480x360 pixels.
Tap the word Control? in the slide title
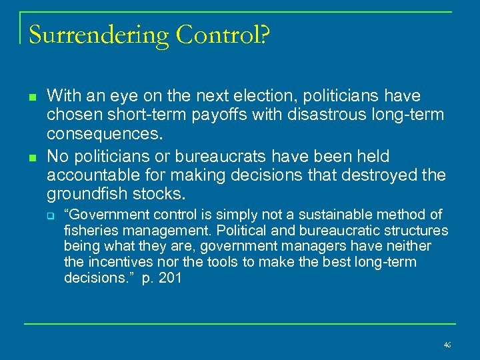click(x=223, y=34)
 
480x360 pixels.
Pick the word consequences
click(x=104, y=133)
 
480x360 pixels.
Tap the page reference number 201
click(x=170, y=279)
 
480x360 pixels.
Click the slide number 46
click(x=447, y=345)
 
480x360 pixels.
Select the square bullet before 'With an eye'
click(x=31, y=97)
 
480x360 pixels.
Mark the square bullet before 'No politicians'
click(x=31, y=157)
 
